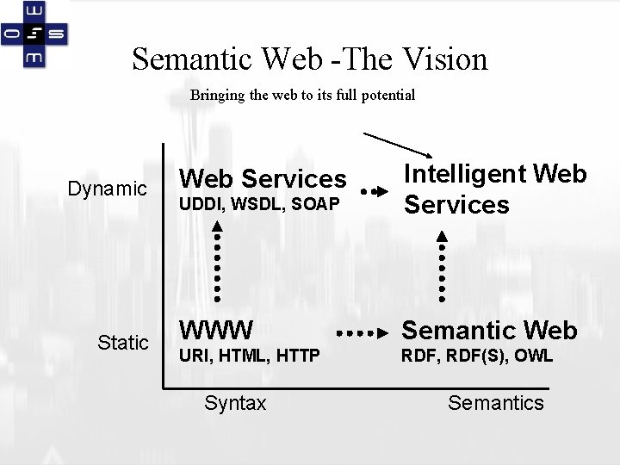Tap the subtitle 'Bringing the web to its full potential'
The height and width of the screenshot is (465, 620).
tap(302, 95)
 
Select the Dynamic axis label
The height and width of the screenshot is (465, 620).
tap(108, 188)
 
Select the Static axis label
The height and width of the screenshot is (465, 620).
tap(123, 343)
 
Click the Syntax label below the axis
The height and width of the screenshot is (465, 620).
tap(234, 402)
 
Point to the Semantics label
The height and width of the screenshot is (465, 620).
tap(496, 402)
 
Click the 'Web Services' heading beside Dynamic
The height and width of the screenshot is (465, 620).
tap(262, 179)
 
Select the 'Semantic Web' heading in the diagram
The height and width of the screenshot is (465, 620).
tap(489, 330)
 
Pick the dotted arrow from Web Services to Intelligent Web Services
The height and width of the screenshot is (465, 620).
tap(374, 189)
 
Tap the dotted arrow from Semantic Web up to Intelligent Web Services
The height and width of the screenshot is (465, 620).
tap(442, 267)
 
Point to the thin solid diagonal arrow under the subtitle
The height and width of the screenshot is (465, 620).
tap(398, 146)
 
